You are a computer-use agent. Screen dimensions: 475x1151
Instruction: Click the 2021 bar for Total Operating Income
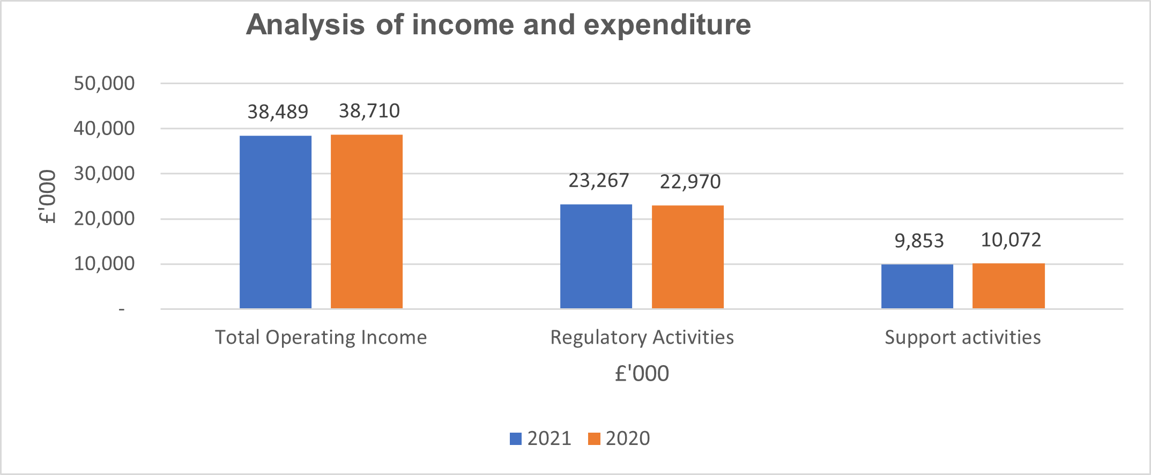pyautogui.click(x=276, y=222)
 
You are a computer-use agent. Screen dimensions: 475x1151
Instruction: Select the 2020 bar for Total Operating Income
pyautogui.click(x=367, y=221)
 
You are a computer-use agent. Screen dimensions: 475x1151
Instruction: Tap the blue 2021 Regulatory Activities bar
pyautogui.click(x=596, y=256)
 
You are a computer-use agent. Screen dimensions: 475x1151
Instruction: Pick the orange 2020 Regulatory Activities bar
pyautogui.click(x=688, y=257)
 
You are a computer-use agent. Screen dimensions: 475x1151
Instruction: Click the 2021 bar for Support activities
pyautogui.click(x=917, y=286)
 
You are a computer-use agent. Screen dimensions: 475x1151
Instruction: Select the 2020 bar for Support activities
pyautogui.click(x=1008, y=286)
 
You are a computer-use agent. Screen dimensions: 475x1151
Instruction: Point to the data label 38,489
pyautogui.click(x=278, y=112)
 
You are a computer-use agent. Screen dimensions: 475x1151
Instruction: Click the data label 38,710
pyautogui.click(x=369, y=111)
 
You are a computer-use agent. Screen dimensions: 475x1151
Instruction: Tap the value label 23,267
pyautogui.click(x=599, y=181)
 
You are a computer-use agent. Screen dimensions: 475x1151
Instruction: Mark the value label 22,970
pyautogui.click(x=690, y=182)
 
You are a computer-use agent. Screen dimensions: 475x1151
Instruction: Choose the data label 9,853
pyautogui.click(x=919, y=241)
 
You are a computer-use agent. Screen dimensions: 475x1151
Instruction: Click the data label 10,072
pyautogui.click(x=1011, y=240)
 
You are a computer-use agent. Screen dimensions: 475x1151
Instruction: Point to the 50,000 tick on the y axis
pyautogui.click(x=105, y=84)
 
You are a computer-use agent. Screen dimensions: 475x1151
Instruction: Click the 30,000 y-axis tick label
pyautogui.click(x=105, y=174)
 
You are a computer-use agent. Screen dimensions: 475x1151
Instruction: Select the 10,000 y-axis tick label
pyautogui.click(x=105, y=264)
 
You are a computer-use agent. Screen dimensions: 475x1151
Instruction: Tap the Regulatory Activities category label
pyautogui.click(x=642, y=338)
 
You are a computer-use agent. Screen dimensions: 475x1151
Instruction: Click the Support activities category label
pyautogui.click(x=963, y=338)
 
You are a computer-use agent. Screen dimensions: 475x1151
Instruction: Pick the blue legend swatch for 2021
pyautogui.click(x=516, y=439)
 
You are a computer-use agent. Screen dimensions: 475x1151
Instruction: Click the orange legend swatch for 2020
pyautogui.click(x=594, y=439)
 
